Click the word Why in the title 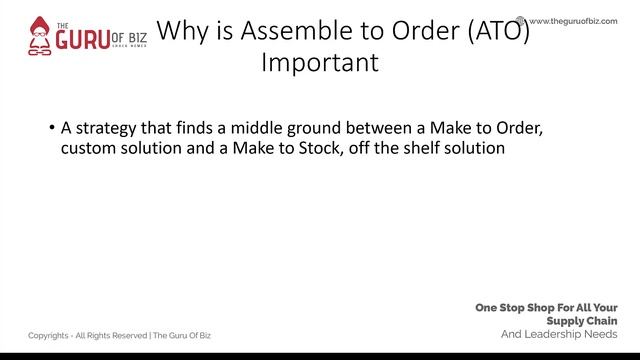pos(183,33)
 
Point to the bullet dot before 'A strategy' pos(51,130)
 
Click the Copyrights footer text pos(119,335)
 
